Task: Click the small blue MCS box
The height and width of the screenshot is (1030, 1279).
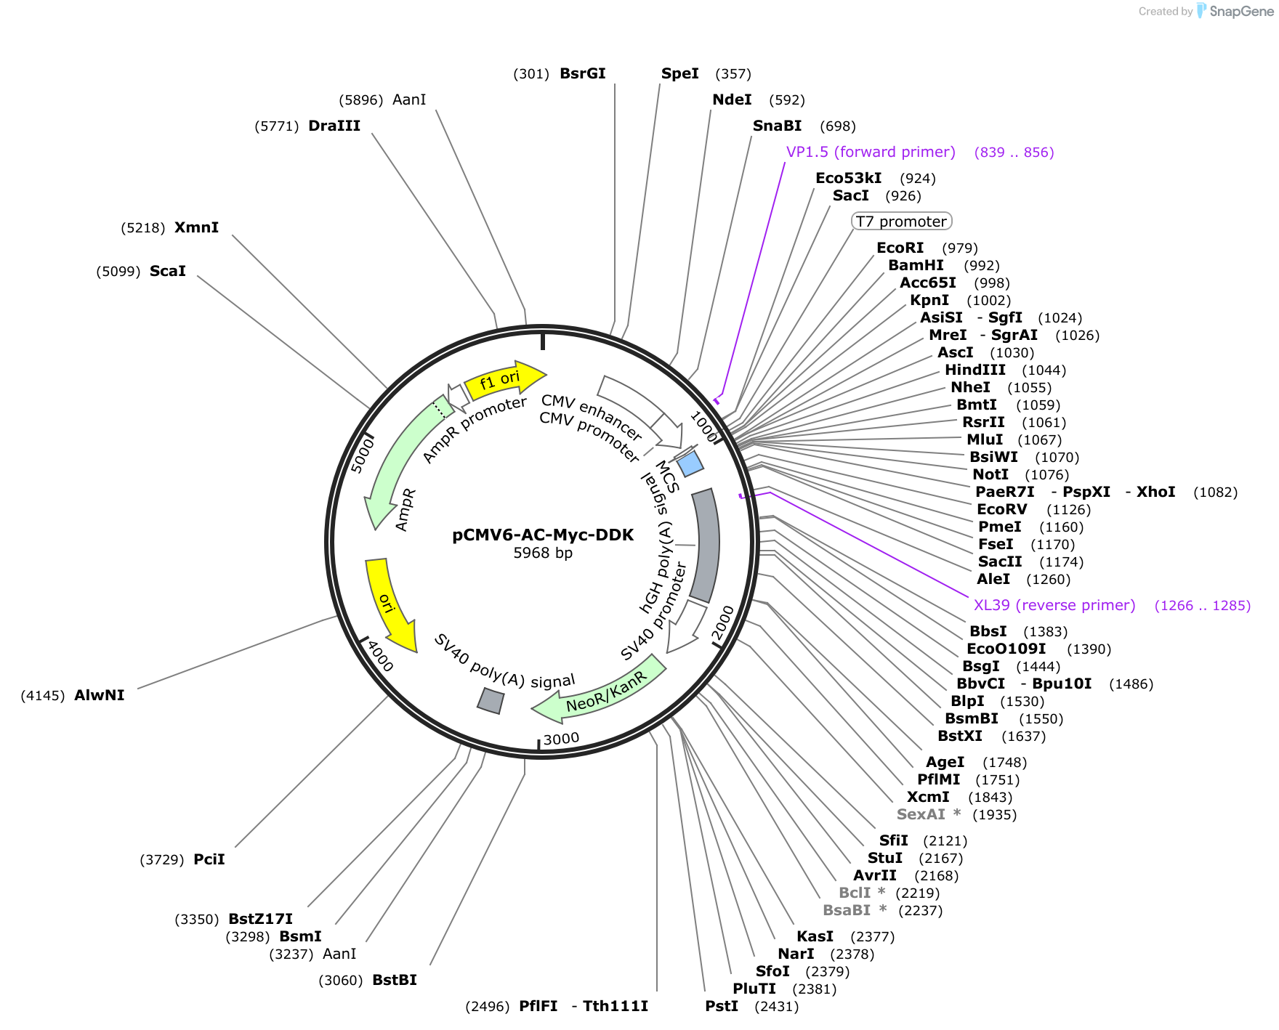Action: [x=690, y=463]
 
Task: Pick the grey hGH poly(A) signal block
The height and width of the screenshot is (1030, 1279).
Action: [x=706, y=545]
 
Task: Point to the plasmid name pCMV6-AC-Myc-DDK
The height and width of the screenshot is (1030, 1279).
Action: [x=543, y=535]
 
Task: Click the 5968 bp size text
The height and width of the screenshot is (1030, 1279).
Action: [x=543, y=553]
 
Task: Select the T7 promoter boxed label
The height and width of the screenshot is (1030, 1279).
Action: [x=901, y=221]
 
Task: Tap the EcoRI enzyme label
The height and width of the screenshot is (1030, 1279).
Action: [x=900, y=248]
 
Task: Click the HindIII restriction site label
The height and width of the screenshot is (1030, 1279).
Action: [x=975, y=370]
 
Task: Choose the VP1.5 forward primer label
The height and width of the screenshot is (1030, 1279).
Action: [x=871, y=152]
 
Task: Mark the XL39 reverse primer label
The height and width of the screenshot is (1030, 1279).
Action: [x=1054, y=605]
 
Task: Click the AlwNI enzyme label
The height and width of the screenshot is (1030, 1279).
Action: [x=99, y=695]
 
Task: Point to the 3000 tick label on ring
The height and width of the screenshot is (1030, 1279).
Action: [x=561, y=739]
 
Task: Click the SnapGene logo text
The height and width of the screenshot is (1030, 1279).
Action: [x=1241, y=11]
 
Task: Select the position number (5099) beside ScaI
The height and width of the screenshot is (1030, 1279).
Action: [x=118, y=272]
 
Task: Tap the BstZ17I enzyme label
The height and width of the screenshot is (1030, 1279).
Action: [x=260, y=919]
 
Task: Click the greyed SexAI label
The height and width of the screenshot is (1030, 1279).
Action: [x=921, y=814]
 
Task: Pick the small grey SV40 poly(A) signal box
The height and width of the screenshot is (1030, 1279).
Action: [x=491, y=700]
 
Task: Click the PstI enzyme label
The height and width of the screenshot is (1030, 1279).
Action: [x=722, y=1006]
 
